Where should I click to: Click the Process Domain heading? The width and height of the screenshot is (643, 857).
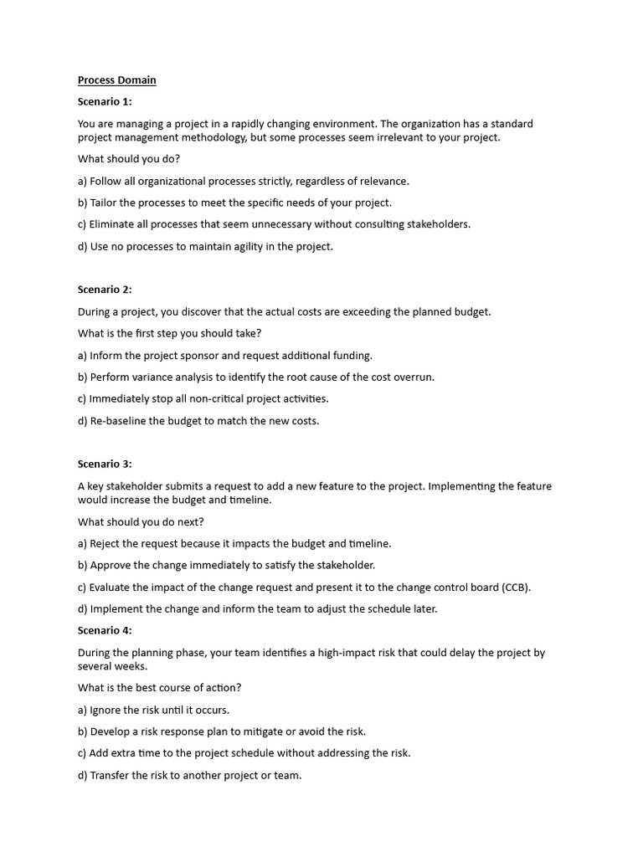117,80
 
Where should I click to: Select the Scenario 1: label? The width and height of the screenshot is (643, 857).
105,102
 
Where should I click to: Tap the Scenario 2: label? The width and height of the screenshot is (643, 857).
105,290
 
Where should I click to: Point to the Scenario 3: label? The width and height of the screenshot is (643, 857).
105,464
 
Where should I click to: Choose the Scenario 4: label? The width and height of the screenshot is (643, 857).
105,630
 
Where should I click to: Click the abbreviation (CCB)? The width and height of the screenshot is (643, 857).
516,588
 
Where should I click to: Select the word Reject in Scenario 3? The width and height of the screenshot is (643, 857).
106,544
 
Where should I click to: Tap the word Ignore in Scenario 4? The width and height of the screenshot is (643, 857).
106,710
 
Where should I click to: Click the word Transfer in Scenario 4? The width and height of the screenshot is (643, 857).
111,776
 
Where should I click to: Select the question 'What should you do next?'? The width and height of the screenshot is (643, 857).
141,522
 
